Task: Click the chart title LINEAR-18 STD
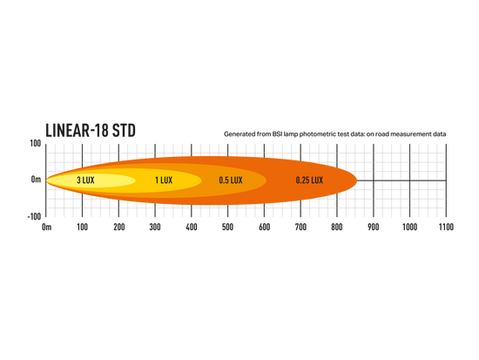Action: [x=91, y=130]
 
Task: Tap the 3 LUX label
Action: [x=85, y=180]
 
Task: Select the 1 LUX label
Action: [x=164, y=180]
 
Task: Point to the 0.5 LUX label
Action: [x=231, y=180]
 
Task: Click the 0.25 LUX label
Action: [x=309, y=180]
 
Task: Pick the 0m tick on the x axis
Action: [x=46, y=227]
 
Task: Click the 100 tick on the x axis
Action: [x=82, y=227]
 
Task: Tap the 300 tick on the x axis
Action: [x=155, y=227]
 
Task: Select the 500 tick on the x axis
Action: [x=227, y=227]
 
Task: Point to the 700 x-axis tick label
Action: [x=300, y=227]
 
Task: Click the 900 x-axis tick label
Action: [x=374, y=227]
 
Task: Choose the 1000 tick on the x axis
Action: [x=409, y=227]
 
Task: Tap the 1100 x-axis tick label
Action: [x=446, y=227]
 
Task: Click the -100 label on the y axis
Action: [x=34, y=216]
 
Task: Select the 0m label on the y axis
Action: [x=36, y=180]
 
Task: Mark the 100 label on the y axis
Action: [x=36, y=143]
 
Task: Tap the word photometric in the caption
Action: [x=315, y=134]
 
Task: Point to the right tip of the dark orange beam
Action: [x=357, y=180]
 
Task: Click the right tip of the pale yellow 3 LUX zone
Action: [x=135, y=180]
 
